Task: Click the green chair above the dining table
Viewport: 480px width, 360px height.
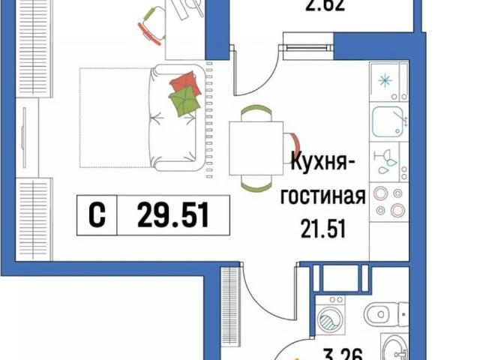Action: pos(256,111)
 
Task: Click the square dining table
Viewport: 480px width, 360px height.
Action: pos(256,146)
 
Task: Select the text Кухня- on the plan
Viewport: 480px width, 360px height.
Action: pos(322,161)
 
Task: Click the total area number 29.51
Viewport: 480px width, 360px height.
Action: pos(172,217)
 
